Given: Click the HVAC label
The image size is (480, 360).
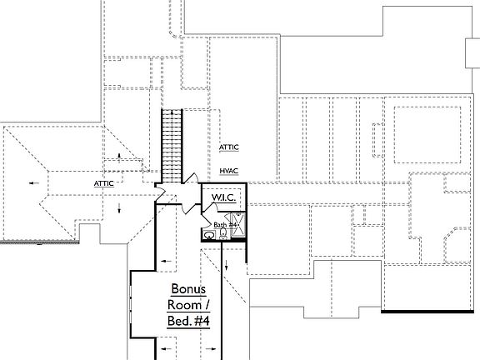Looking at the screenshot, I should (x=229, y=171).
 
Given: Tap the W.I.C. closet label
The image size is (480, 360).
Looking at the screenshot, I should (x=222, y=197).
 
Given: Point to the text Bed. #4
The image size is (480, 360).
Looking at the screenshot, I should (x=188, y=322).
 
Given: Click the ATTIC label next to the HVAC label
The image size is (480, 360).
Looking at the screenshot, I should (x=229, y=147).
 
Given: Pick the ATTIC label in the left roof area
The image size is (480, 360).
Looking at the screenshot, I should (x=103, y=182).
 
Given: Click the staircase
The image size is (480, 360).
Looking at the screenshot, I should (x=171, y=146).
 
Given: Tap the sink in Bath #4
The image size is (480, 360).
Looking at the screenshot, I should (x=210, y=236).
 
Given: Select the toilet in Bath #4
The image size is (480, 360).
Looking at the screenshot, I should (x=222, y=235).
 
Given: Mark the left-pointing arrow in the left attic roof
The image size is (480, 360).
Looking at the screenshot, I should (x=32, y=181).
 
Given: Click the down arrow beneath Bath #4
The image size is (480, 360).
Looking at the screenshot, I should (x=227, y=267).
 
